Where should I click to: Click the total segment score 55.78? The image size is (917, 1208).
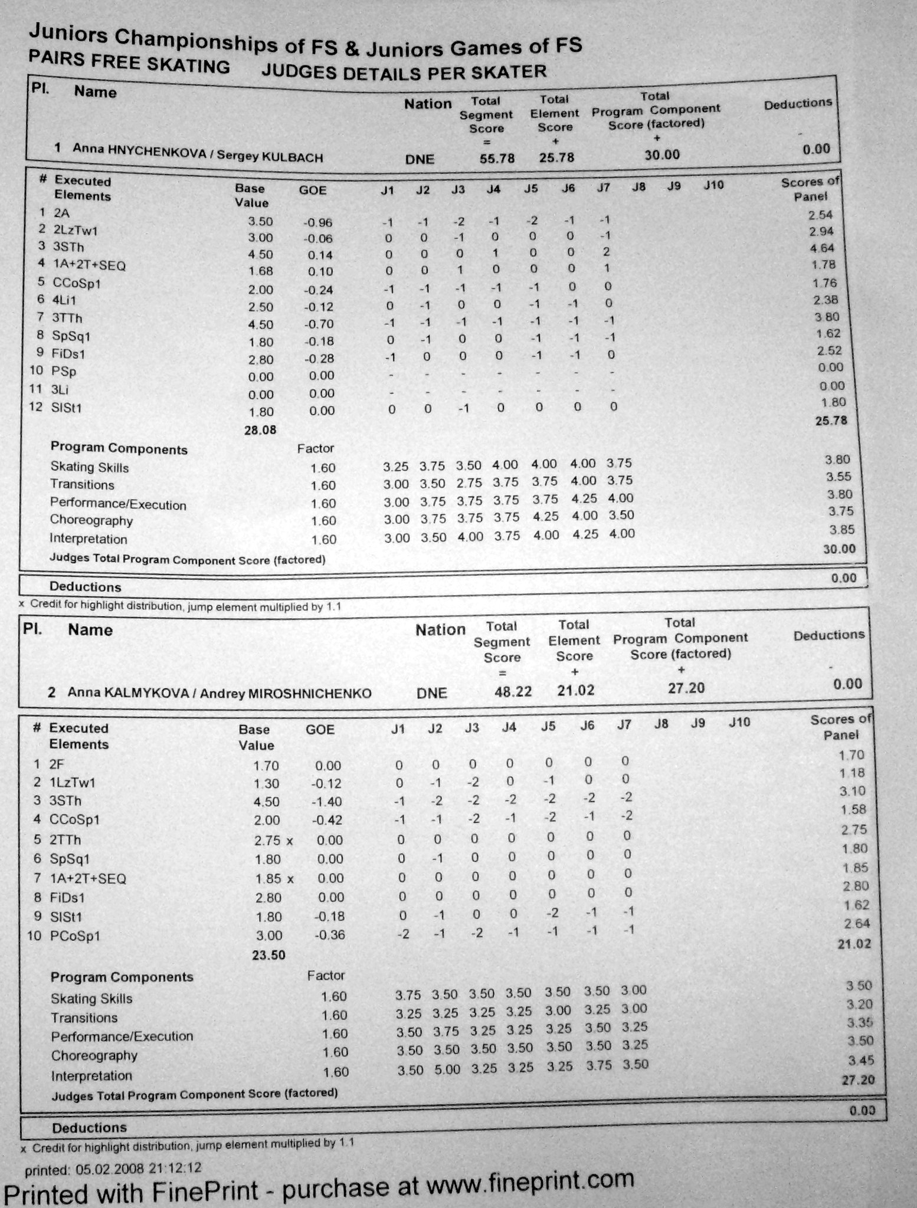497,159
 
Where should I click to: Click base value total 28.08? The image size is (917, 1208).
260,430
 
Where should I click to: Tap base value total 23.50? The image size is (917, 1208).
268,955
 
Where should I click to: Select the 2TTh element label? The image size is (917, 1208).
66,839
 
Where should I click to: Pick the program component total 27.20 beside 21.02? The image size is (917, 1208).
686,688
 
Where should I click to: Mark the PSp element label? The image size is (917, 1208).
64,371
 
